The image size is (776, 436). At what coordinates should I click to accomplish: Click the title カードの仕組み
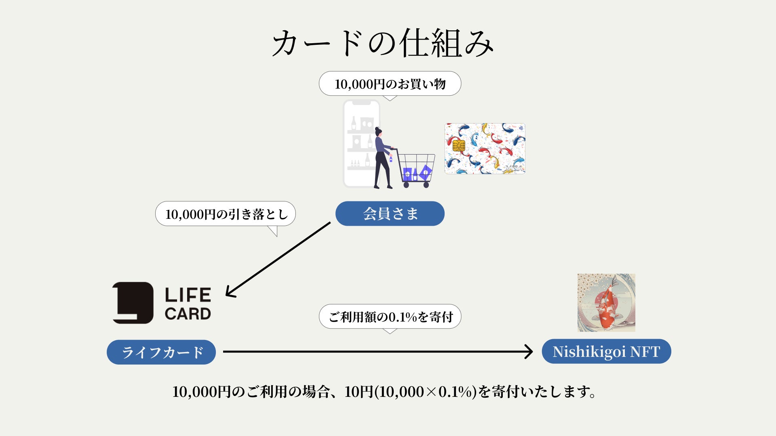[382, 43]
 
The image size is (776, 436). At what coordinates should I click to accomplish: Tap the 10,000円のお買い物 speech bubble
[390, 84]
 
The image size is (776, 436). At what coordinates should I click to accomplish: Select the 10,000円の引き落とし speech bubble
[226, 214]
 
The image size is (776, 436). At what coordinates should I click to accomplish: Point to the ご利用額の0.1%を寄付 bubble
[390, 317]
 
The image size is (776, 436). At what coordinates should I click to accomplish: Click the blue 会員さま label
[390, 214]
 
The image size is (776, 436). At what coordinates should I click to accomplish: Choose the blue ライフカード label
[161, 352]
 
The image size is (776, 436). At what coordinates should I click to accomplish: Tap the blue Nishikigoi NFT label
[606, 352]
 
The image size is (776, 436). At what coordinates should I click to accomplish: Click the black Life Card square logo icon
[133, 303]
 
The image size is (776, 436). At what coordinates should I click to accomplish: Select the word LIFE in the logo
[188, 295]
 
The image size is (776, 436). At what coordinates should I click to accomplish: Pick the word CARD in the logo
[188, 314]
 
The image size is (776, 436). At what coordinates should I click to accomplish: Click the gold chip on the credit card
[459, 145]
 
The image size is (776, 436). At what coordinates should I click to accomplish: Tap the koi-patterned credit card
[485, 149]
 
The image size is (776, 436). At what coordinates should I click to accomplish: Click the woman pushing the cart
[382, 157]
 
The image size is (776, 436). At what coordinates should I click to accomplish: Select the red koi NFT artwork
[606, 303]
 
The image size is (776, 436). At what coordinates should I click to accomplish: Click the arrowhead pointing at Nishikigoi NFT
[529, 352]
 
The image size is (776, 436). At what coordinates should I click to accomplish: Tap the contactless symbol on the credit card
[521, 128]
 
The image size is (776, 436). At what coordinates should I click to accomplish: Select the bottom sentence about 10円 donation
[384, 392]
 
